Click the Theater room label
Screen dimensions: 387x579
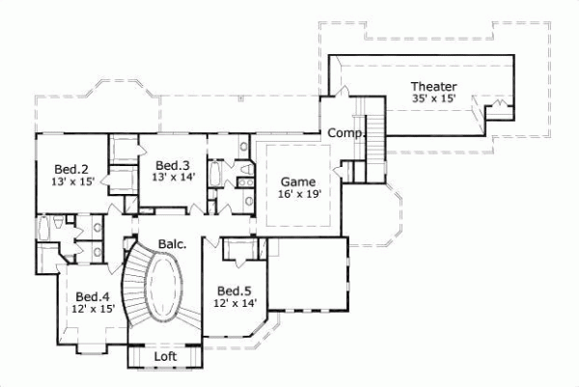[433, 87]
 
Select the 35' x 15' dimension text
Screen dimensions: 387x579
[433, 99]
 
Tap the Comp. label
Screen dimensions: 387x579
[344, 132]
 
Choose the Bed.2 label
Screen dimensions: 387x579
[73, 167]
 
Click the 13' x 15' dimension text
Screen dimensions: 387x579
[73, 180]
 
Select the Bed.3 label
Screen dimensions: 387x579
[173, 164]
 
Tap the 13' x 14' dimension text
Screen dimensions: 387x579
[173, 177]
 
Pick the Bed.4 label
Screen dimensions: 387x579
[93, 296]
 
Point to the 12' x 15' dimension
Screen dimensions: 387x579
[93, 309]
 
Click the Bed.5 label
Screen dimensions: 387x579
[234, 290]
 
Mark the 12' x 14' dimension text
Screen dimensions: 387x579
[234, 303]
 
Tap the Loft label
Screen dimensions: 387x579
[166, 357]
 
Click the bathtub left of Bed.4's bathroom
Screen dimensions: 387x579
[45, 232]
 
